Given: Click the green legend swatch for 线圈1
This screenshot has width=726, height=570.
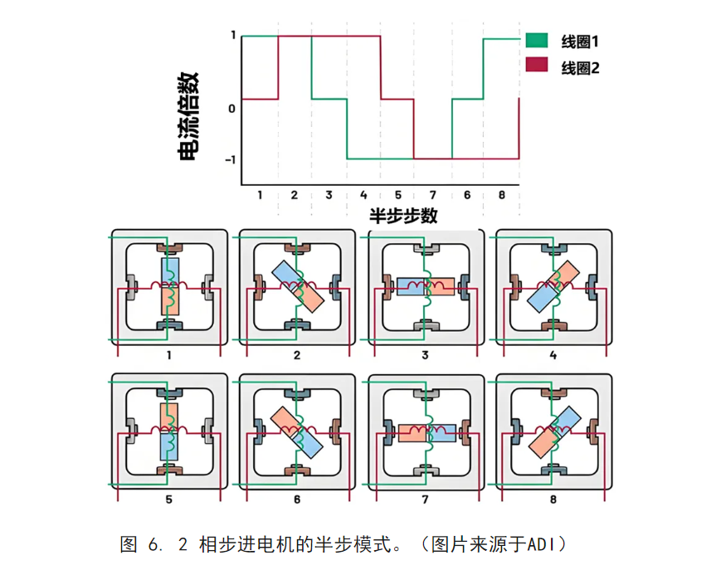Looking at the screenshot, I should [x=536, y=40].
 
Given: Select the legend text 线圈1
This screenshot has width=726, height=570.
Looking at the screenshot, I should [x=580, y=41].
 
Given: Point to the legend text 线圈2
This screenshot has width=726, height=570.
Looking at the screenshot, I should [x=580, y=68].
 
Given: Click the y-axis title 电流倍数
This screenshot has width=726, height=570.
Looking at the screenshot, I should [x=188, y=116].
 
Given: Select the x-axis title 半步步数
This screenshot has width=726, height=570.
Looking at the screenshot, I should [x=403, y=216].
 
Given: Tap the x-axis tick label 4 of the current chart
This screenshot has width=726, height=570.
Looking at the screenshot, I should [x=363, y=195].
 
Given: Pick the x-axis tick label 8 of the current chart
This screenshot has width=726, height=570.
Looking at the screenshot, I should [x=501, y=195].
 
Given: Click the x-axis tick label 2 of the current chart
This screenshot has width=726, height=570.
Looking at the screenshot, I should [x=294, y=195].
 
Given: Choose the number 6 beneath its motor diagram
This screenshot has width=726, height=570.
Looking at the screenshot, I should [x=296, y=499].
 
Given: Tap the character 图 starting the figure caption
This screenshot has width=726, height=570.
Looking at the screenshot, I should [x=129, y=545].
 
